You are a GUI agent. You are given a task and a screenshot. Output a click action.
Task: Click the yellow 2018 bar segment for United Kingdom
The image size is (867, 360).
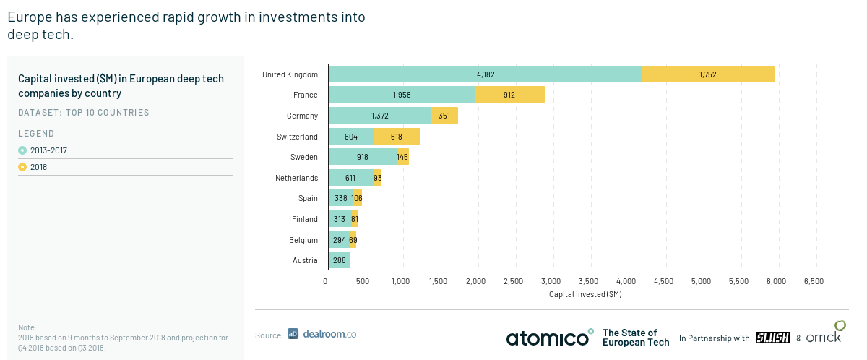(x=708, y=74)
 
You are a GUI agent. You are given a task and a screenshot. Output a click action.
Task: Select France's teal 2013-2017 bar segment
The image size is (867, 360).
(x=402, y=95)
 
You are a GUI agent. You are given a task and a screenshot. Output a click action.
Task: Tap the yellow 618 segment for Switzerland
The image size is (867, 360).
(x=397, y=136)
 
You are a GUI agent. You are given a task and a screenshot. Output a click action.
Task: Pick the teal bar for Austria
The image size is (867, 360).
(x=340, y=260)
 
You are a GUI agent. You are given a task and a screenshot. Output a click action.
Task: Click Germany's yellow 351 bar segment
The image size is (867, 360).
(x=445, y=116)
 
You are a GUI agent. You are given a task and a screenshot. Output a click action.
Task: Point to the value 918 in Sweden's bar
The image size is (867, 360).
(x=362, y=157)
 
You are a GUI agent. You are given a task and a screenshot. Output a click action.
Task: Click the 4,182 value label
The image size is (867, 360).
(x=486, y=74)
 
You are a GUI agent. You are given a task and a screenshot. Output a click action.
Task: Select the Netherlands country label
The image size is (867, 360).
(x=296, y=178)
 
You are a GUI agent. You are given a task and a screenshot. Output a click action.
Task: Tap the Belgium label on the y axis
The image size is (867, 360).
(x=303, y=240)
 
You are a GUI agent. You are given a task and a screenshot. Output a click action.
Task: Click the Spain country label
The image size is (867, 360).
(x=308, y=198)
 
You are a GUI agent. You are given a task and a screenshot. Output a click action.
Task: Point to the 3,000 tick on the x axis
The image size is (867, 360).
(x=551, y=281)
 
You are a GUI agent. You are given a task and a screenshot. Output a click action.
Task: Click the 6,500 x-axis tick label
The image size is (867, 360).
(x=814, y=281)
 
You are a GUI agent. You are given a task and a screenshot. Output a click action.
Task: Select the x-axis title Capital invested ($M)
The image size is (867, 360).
(x=585, y=294)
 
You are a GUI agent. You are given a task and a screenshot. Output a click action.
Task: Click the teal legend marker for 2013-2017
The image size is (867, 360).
(x=22, y=150)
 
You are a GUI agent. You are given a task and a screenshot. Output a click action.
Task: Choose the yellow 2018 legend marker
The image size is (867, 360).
(x=22, y=167)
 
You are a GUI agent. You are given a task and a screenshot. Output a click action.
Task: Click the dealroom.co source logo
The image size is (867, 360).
(x=322, y=334)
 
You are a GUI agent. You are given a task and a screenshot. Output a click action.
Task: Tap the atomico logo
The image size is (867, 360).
(x=550, y=338)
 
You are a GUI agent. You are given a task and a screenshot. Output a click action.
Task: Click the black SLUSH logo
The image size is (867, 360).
(x=772, y=338)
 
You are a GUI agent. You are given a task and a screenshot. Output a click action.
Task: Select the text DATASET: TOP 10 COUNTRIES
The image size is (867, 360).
(x=84, y=112)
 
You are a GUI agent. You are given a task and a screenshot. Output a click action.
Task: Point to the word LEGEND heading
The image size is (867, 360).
(x=36, y=134)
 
